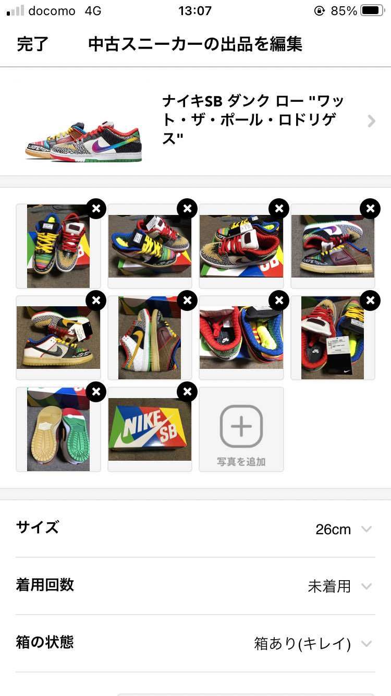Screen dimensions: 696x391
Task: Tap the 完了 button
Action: click(32, 44)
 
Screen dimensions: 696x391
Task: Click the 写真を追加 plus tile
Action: click(241, 429)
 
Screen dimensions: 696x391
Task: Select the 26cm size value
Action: click(333, 529)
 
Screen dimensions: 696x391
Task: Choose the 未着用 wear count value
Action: click(329, 586)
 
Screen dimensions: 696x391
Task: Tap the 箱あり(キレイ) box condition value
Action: click(302, 644)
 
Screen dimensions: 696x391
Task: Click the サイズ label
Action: click(38, 527)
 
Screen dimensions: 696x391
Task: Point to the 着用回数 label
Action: click(45, 585)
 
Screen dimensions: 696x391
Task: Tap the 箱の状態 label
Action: click(45, 642)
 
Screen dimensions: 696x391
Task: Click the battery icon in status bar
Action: click(372, 11)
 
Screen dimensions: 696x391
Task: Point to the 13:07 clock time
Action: click(195, 11)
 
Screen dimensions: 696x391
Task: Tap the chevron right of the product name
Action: click(371, 121)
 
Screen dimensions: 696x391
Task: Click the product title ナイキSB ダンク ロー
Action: click(253, 120)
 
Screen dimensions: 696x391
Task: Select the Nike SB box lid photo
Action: click(150, 429)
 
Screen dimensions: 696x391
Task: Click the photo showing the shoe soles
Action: click(58, 429)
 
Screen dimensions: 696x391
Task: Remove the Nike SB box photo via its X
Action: click(187, 391)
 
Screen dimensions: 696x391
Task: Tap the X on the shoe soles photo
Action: click(96, 391)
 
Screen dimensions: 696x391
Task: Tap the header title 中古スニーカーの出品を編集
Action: click(195, 44)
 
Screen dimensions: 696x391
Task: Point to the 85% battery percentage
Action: click(344, 11)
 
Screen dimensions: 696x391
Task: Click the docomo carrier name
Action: click(52, 11)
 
